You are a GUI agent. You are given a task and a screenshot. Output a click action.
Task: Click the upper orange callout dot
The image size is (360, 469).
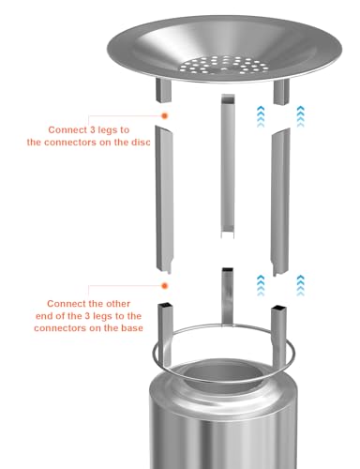tap(164, 115)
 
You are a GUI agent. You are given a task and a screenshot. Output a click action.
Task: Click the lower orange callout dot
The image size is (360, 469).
tap(164, 286)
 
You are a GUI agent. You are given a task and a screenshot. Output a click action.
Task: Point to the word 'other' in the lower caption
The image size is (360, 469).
tap(118, 304)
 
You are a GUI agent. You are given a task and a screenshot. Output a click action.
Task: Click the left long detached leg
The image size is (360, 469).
tap(164, 200)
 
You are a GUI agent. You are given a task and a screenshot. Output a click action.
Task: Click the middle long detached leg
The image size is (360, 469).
tap(228, 166)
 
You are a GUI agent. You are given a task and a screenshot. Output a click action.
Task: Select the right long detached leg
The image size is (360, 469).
tap(280, 203)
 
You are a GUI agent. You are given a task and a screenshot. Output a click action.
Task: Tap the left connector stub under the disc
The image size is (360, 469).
tap(163, 90)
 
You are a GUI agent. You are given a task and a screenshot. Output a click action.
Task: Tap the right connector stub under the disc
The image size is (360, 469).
tap(281, 92)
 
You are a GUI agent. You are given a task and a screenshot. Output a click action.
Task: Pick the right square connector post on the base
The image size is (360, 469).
tap(279, 337)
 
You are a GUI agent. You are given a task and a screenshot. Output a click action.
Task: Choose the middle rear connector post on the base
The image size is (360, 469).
tap(228, 296)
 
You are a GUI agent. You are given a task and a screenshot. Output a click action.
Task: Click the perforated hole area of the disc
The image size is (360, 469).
tap(224, 65)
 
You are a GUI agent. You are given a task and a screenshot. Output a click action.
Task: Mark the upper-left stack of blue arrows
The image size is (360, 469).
tap(261, 116)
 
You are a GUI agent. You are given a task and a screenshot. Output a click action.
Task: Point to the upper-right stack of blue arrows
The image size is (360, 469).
tap(300, 116)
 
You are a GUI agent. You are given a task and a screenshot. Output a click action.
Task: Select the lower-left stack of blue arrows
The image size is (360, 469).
tap(261, 285)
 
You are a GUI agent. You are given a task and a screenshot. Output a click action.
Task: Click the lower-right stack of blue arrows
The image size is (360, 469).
tap(300, 285)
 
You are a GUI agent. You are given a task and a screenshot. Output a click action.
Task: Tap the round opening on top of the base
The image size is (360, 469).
tap(223, 374)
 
